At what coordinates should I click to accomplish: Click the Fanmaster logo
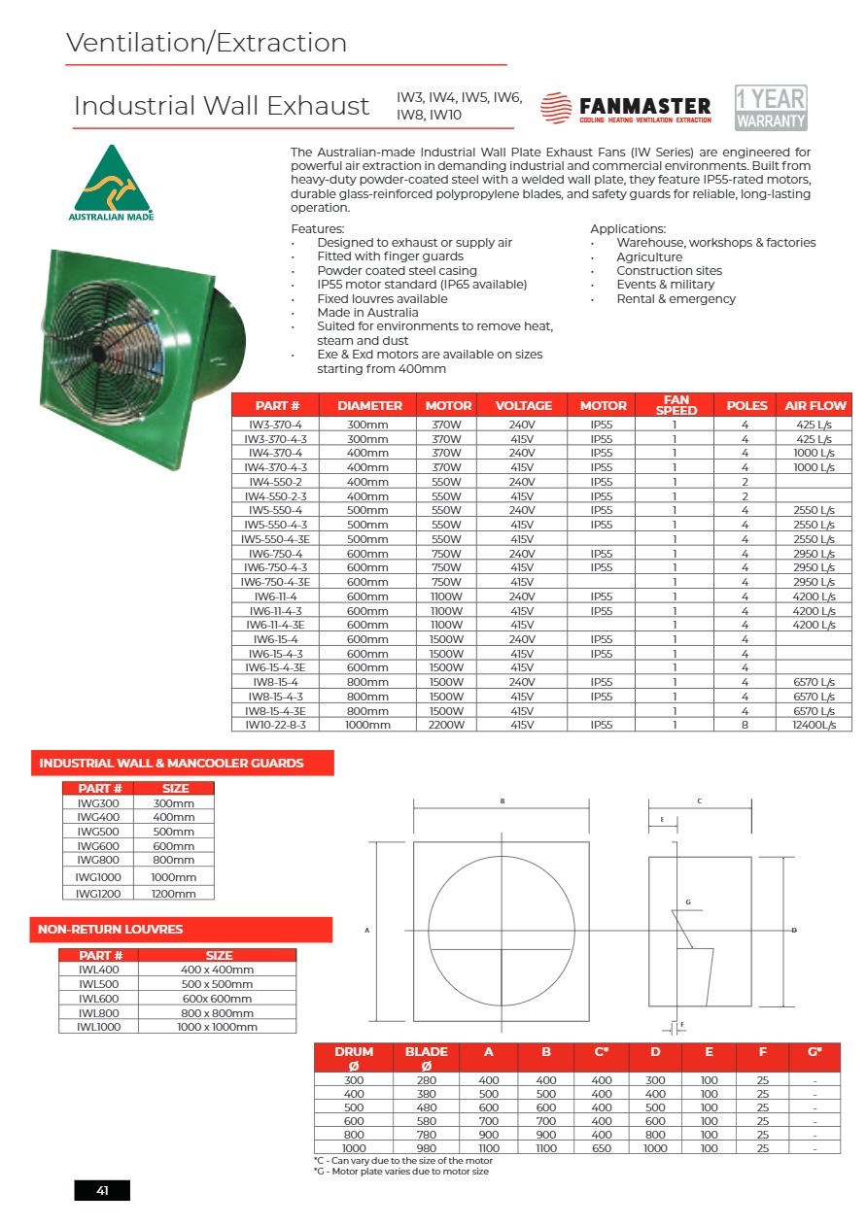[626, 108]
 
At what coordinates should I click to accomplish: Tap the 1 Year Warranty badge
[771, 108]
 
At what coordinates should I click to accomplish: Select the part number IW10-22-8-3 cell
[275, 725]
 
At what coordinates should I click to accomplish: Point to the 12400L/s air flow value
[814, 725]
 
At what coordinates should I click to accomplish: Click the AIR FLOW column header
[815, 405]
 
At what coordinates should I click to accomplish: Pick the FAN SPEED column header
[676, 405]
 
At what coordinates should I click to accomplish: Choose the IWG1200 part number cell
[97, 893]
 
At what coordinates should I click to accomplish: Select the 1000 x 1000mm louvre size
[219, 1026]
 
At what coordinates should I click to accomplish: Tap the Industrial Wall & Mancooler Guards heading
[171, 764]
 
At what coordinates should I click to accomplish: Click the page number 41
[102, 1191]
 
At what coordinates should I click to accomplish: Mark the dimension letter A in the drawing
[366, 931]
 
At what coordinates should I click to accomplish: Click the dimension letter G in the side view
[687, 902]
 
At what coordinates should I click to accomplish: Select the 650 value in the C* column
[602, 1148]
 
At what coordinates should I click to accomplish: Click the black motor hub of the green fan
[99, 342]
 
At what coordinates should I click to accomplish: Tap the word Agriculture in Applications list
[649, 257]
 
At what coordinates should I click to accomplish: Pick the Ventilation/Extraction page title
[206, 44]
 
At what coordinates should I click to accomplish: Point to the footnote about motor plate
[401, 1172]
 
